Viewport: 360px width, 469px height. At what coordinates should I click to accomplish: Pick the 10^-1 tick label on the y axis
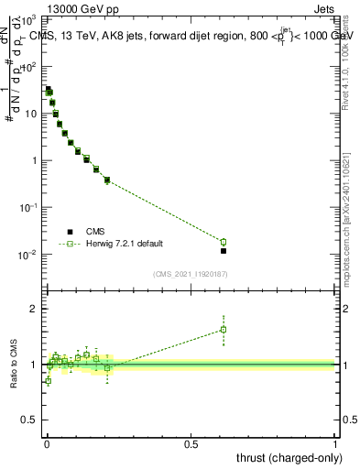[x=28, y=207]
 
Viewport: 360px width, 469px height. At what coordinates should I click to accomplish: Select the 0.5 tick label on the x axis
[x=191, y=443]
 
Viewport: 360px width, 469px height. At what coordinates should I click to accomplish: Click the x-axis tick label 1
[x=336, y=443]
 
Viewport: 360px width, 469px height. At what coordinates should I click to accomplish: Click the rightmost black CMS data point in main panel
[x=224, y=250]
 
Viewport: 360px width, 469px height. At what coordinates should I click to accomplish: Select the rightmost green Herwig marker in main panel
[x=224, y=242]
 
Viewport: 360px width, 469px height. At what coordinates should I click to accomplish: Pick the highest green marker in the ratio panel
[x=224, y=330]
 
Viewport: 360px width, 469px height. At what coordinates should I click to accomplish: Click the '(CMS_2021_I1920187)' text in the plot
[x=190, y=274]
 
